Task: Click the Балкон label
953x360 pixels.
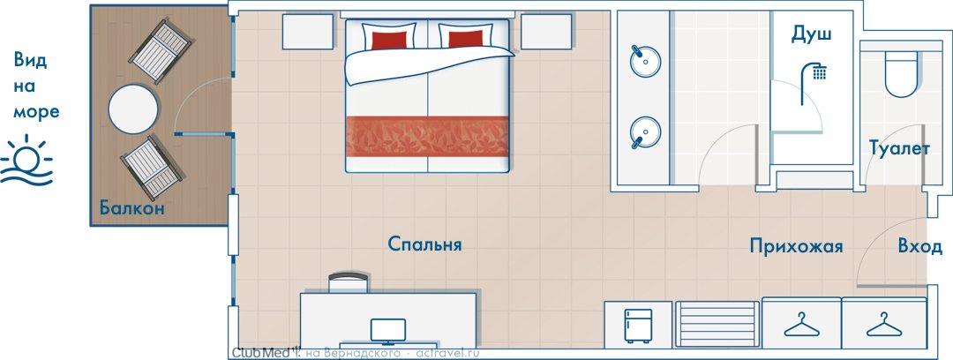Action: coord(131,208)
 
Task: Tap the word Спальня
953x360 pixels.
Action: coord(424,244)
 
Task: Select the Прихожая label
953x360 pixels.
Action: coord(796,246)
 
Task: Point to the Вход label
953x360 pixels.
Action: coord(920,246)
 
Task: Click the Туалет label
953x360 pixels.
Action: coord(899,149)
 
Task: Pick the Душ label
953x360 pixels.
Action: coord(811,36)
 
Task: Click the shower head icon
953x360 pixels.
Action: coord(814,72)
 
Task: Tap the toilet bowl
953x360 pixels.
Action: coord(900,73)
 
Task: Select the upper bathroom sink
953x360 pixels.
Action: coord(645,60)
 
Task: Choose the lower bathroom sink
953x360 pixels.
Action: coord(645,132)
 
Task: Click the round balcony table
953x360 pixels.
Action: coord(133,110)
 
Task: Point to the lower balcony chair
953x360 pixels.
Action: coord(153,168)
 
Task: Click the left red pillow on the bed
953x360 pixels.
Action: coord(389,40)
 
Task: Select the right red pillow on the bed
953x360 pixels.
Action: coord(466,40)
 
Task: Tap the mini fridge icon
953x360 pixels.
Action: coord(638,326)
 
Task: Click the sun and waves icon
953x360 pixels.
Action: coord(26,161)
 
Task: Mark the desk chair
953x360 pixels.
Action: coord(349,282)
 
